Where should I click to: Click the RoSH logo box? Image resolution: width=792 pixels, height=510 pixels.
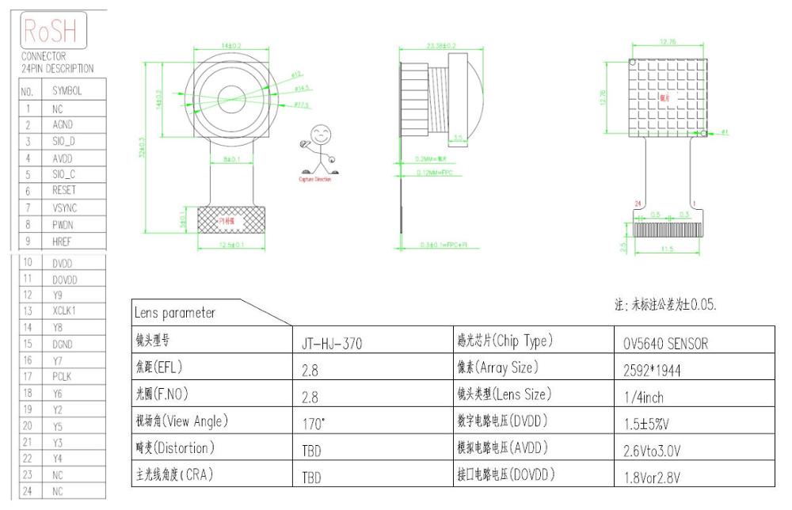(x=54, y=32)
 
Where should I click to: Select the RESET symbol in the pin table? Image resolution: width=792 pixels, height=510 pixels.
(x=64, y=191)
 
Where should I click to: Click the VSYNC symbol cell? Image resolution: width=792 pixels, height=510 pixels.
(x=65, y=207)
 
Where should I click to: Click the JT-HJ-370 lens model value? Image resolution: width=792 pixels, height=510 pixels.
(x=333, y=344)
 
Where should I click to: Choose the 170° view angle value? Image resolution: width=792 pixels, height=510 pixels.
(x=314, y=424)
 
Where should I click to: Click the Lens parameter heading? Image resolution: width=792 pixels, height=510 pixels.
(x=177, y=313)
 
